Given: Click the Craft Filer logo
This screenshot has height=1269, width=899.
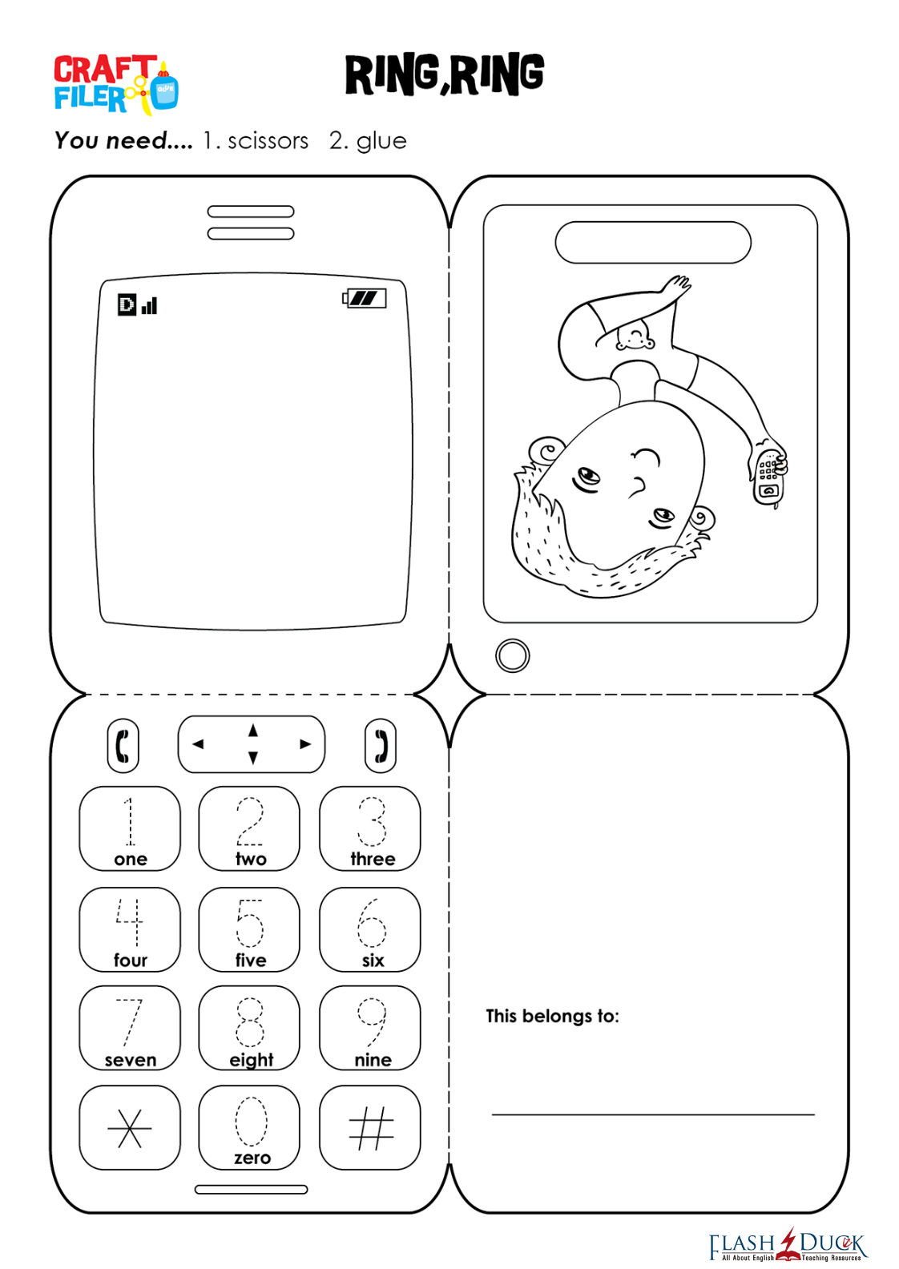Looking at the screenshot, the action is (116, 85).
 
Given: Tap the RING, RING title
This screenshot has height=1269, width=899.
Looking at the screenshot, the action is (445, 75).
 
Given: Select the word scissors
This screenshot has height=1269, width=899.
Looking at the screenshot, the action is (268, 141).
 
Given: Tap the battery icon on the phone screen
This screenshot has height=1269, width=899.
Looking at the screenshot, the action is (365, 298).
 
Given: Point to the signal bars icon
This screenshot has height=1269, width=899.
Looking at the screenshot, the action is (149, 306).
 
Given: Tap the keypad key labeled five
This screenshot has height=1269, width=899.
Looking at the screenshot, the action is (249, 929).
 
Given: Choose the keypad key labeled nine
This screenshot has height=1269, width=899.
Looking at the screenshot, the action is (370, 1028).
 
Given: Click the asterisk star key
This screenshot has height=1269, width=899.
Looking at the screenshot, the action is (130, 1127).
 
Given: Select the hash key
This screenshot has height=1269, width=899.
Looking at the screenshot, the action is (370, 1127).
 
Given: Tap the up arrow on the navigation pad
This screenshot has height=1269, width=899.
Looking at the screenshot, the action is (253, 731).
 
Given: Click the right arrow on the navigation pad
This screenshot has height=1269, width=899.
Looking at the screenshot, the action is (305, 743).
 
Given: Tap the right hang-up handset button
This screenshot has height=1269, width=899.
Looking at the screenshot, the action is (381, 746).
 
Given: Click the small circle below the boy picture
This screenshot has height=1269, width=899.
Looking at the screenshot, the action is (513, 656).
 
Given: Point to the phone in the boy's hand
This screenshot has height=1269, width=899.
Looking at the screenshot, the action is (768, 475).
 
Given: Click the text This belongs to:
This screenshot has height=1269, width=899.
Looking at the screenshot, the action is (552, 1016).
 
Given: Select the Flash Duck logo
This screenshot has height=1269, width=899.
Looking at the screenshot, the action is (788, 1245).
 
